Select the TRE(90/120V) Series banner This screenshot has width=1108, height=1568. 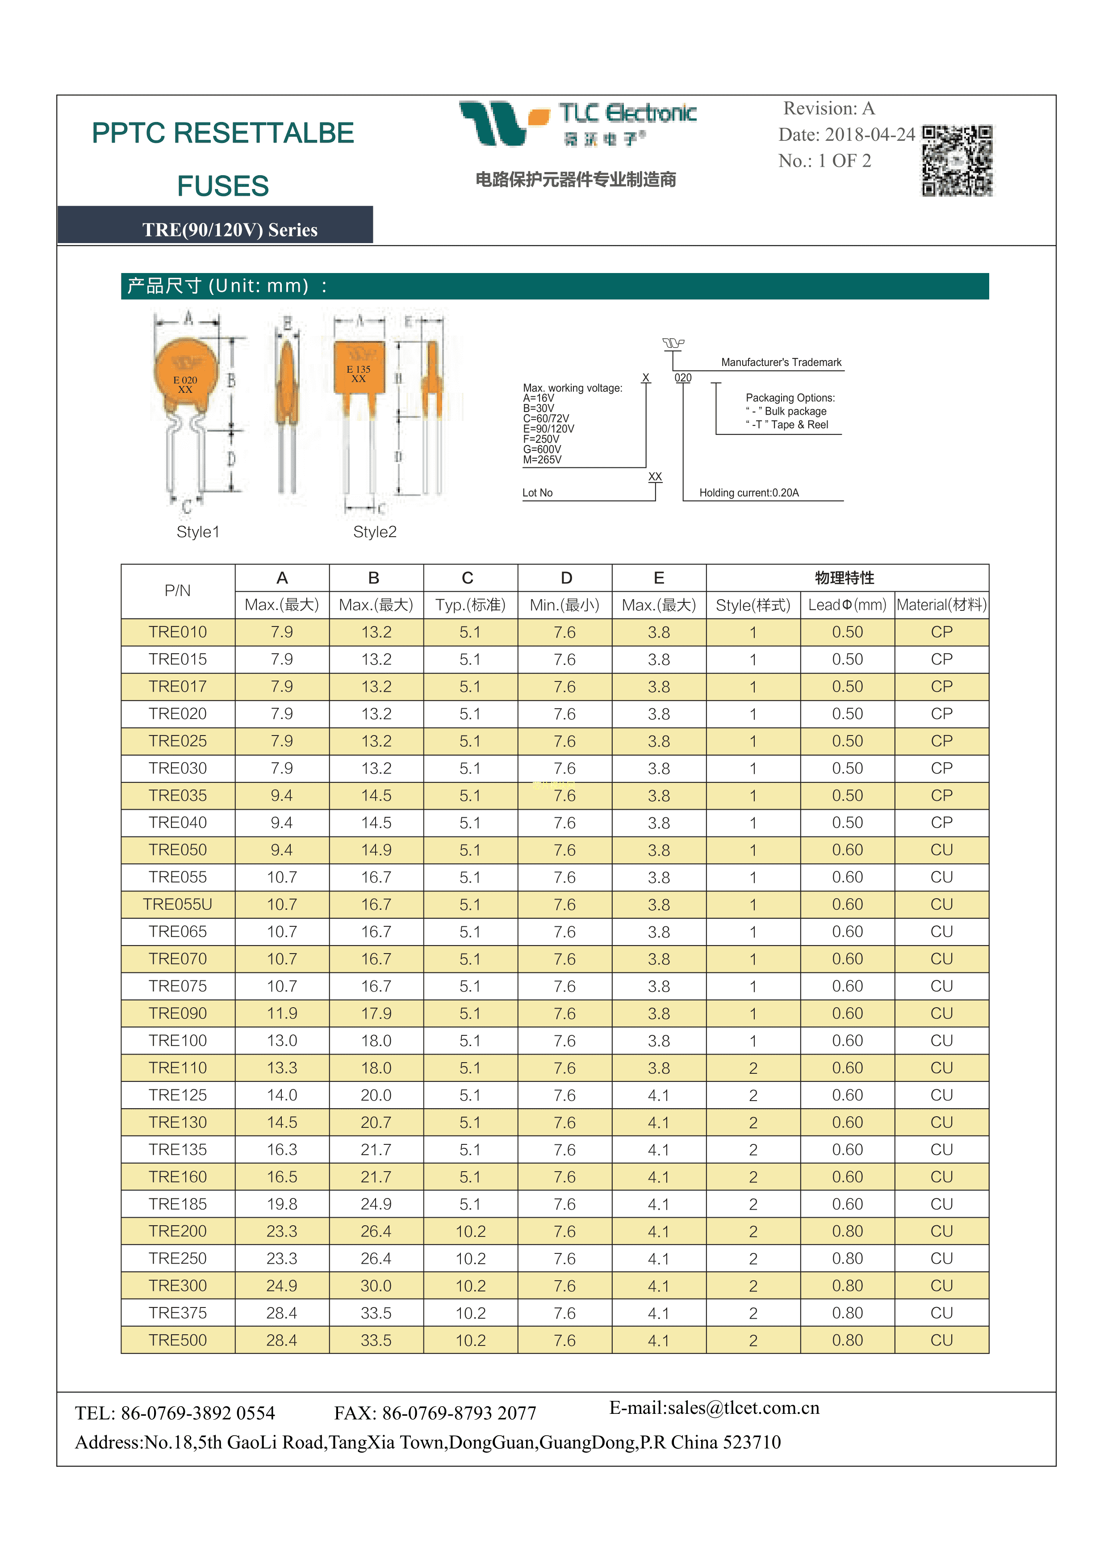pyautogui.click(x=230, y=230)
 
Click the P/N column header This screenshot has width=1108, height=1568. pyautogui.click(x=177, y=591)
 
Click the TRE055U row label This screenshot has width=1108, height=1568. pyautogui.click(x=177, y=904)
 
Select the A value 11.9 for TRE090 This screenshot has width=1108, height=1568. pyautogui.click(x=282, y=1013)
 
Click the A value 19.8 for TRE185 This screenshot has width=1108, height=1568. pyautogui.click(x=282, y=1204)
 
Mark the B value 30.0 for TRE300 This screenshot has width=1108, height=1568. pyautogui.click(x=376, y=1286)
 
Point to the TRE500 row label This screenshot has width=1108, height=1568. pyautogui.click(x=177, y=1340)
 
